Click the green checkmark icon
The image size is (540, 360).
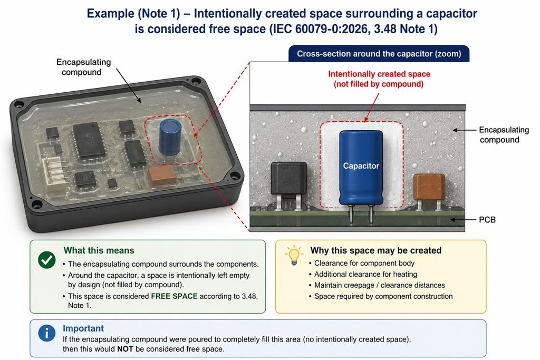(47, 259)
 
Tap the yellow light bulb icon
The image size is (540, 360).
(294, 255)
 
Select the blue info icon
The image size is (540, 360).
(47, 333)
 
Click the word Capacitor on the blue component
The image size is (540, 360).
(361, 166)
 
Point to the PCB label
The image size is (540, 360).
(487, 220)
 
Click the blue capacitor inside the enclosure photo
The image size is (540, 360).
(170, 137)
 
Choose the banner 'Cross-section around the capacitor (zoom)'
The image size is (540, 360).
(379, 54)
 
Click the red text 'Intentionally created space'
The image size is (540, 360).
(379, 74)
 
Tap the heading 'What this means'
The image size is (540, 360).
(99, 250)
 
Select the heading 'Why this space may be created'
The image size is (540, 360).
(375, 250)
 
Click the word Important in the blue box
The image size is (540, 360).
(83, 328)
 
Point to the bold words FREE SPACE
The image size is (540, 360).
(174, 296)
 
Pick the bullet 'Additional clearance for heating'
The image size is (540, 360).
(365, 274)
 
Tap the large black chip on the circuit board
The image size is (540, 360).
(89, 141)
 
